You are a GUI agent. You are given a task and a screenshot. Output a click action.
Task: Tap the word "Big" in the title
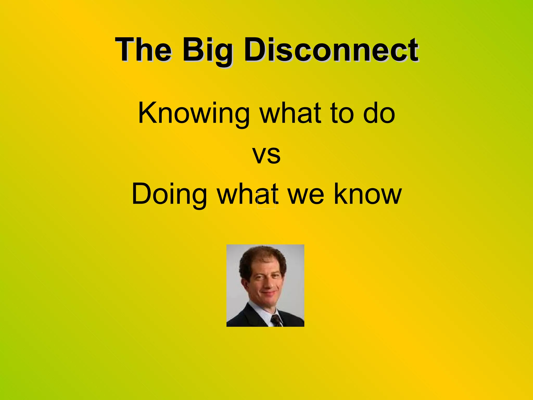(207, 51)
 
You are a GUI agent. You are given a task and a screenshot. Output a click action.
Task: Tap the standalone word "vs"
(266, 155)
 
